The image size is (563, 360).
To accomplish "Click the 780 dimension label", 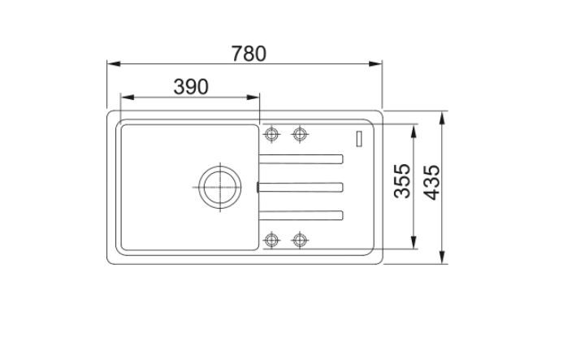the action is (x=249, y=54).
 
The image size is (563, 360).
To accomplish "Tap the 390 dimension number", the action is (x=191, y=87).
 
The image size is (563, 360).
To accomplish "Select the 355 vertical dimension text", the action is (x=402, y=181).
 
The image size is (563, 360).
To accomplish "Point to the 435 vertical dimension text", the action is (x=431, y=182).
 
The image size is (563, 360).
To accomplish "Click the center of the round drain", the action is (x=219, y=187).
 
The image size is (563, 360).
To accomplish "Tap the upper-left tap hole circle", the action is (x=271, y=134).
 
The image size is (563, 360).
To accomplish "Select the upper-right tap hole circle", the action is (x=300, y=134).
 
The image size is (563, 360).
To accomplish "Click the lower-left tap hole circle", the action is (x=271, y=240).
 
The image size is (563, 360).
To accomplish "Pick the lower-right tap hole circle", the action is (x=300, y=240).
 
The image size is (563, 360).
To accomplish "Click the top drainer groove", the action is (x=301, y=158).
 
